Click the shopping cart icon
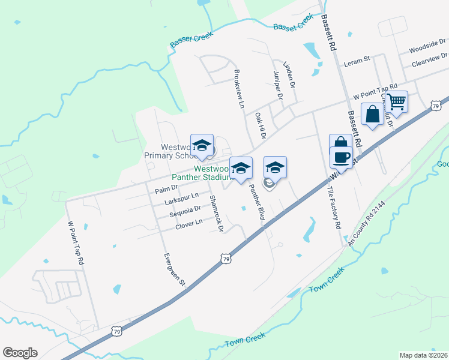click(396, 101)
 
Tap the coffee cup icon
click(341, 157)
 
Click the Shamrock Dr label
click(216, 214)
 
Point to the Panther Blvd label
click(256, 204)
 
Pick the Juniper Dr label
click(277, 85)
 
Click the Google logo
click(20, 353)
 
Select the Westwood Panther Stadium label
click(202, 173)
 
